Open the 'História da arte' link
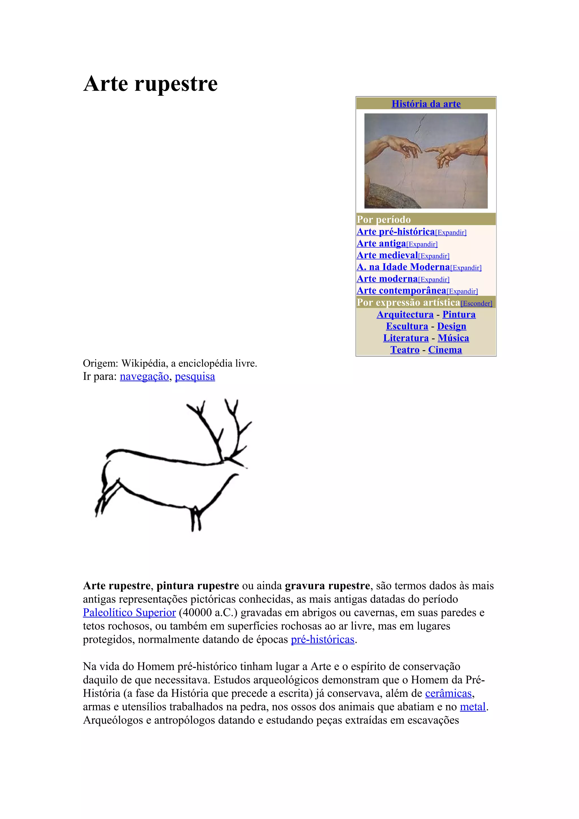[x=426, y=104]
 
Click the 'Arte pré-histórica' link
[x=396, y=232]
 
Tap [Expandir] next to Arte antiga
[x=422, y=244]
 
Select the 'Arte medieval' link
[x=387, y=255]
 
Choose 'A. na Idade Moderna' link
[x=403, y=267]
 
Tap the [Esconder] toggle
[x=476, y=304]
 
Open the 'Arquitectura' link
[x=405, y=315]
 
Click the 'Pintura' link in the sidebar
[x=459, y=315]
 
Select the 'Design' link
[x=451, y=326]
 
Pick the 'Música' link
[x=453, y=338]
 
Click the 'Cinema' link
[x=445, y=350]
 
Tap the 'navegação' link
[x=144, y=377]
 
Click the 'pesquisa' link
[x=195, y=377]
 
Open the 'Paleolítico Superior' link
[x=129, y=612]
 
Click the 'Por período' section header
[x=384, y=219]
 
